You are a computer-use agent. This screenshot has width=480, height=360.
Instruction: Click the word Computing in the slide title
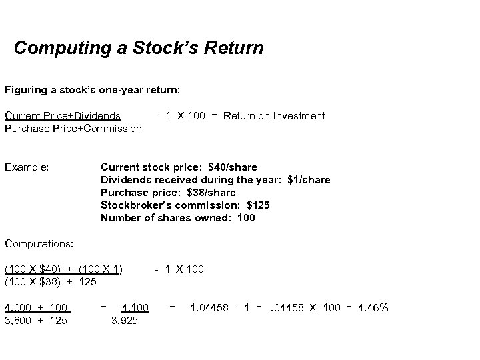[x=54, y=49]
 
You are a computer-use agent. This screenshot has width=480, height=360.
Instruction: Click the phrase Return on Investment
[x=274, y=116]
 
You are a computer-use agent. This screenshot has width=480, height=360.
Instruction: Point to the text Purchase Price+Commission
[x=73, y=128]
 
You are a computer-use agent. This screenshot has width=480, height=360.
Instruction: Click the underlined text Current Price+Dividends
[x=63, y=116]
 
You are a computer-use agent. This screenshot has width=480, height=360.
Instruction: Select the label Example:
[x=27, y=167]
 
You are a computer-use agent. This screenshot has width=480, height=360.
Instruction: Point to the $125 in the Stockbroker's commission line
[x=259, y=205]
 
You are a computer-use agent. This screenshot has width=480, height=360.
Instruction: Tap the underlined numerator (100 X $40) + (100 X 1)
[x=64, y=269]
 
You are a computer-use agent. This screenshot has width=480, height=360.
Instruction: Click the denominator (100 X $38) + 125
[x=51, y=282]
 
